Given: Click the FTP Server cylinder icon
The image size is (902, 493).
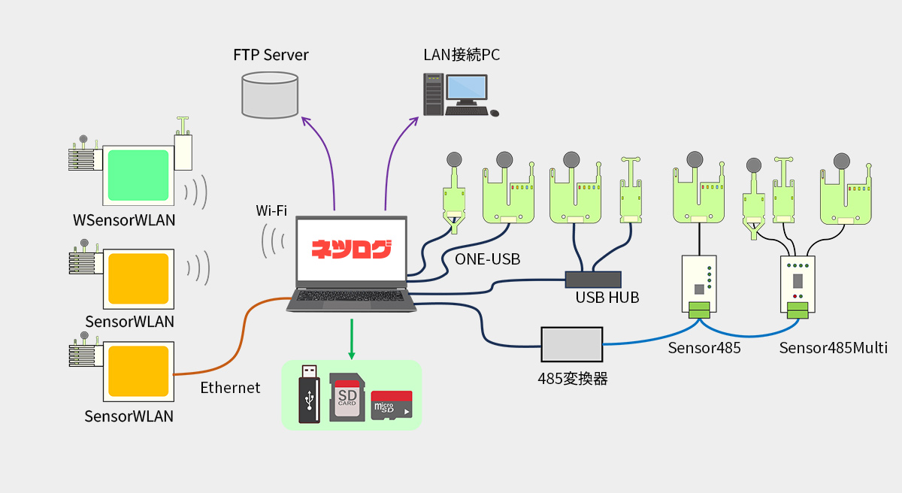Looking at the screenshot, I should tap(271, 95).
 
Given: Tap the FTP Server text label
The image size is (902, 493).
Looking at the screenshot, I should tap(271, 55).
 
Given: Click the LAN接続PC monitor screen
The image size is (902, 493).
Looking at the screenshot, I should tap(467, 89).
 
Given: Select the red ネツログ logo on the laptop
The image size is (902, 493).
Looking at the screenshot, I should tap(352, 249).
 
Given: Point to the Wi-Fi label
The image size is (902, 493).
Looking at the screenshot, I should tap(271, 211).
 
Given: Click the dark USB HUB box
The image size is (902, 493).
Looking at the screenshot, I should tap(593, 279).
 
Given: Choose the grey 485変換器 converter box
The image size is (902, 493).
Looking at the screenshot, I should tap(571, 345).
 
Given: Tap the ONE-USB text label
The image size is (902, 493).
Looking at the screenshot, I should tap(487, 259).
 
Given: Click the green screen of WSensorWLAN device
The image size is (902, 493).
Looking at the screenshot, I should tap(138, 175).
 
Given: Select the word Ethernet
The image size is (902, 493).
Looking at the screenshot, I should tap(230, 388).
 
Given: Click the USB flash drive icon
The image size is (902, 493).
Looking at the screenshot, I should tap(309, 394).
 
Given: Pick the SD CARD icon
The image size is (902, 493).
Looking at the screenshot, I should tap(347, 397).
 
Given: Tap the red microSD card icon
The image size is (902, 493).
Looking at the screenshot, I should tap(392, 405).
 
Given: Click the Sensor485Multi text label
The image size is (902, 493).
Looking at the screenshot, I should tap(833, 348).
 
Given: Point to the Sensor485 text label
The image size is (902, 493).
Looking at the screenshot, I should tap(704, 348).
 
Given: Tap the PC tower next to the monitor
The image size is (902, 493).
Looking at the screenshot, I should tap(433, 94).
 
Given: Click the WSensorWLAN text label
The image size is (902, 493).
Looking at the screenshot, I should tap(124, 220).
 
